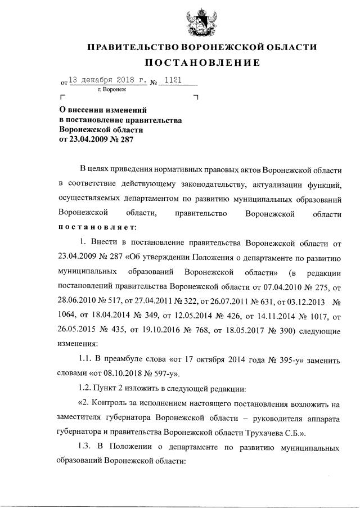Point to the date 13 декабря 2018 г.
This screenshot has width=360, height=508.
point(106,80)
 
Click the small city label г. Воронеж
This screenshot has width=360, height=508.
point(112,90)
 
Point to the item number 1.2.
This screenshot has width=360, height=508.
point(88,389)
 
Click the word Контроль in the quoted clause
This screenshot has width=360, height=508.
point(115,403)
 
